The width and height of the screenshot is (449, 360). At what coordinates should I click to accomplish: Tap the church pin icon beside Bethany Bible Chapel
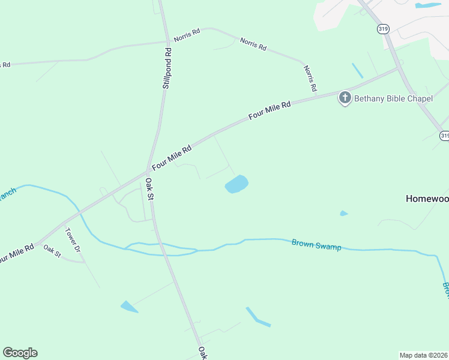345,98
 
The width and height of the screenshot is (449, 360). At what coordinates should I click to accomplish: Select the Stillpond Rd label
167,69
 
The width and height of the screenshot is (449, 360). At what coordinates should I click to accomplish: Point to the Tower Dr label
72,239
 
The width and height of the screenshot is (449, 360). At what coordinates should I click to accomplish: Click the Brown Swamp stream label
316,244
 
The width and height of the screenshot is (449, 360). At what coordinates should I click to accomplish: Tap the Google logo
20,353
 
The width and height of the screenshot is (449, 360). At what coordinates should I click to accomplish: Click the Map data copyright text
423,355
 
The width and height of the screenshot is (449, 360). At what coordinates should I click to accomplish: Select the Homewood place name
427,199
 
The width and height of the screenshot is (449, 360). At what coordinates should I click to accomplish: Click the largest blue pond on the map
237,184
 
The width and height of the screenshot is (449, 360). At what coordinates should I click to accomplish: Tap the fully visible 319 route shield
383,28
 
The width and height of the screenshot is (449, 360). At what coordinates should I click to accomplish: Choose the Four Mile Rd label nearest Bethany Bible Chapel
270,112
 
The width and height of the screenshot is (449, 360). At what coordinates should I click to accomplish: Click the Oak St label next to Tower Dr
52,251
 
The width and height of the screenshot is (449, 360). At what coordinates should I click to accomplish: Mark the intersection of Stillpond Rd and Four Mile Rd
148,170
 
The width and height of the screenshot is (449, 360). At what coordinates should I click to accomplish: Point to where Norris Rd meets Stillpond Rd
166,41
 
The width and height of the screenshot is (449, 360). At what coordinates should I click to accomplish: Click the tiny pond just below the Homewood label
343,213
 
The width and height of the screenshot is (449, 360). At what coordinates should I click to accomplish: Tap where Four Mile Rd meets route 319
399,68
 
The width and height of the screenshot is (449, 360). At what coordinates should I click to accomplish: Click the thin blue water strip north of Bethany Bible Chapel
357,70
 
